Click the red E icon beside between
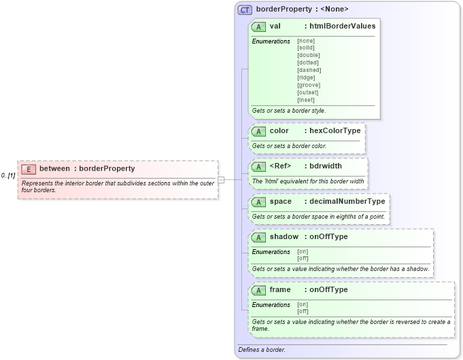pyautogui.click(x=29, y=169)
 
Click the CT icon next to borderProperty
pyautogui.click(x=245, y=10)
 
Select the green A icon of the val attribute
pyautogui.click(x=258, y=26)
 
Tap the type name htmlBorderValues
pyautogui.click(x=342, y=26)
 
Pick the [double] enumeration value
pyautogui.click(x=308, y=55)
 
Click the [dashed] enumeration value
pyautogui.click(x=309, y=70)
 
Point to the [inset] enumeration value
pyautogui.click(x=306, y=100)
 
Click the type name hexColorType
pyautogui.click(x=335, y=130)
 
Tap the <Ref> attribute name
pyautogui.click(x=280, y=166)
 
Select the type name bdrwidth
pyautogui.click(x=326, y=166)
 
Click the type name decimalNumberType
pyautogui.click(x=347, y=201)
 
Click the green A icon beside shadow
pyautogui.click(x=258, y=237)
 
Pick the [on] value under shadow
pyautogui.click(x=303, y=251)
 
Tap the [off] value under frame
pyautogui.click(x=303, y=311)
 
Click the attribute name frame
pyautogui.click(x=280, y=290)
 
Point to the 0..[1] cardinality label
pyautogui.click(x=8, y=176)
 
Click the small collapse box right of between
pyautogui.click(x=221, y=179)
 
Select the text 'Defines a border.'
pyautogui.click(x=262, y=350)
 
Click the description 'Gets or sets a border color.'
pyautogui.click(x=289, y=145)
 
